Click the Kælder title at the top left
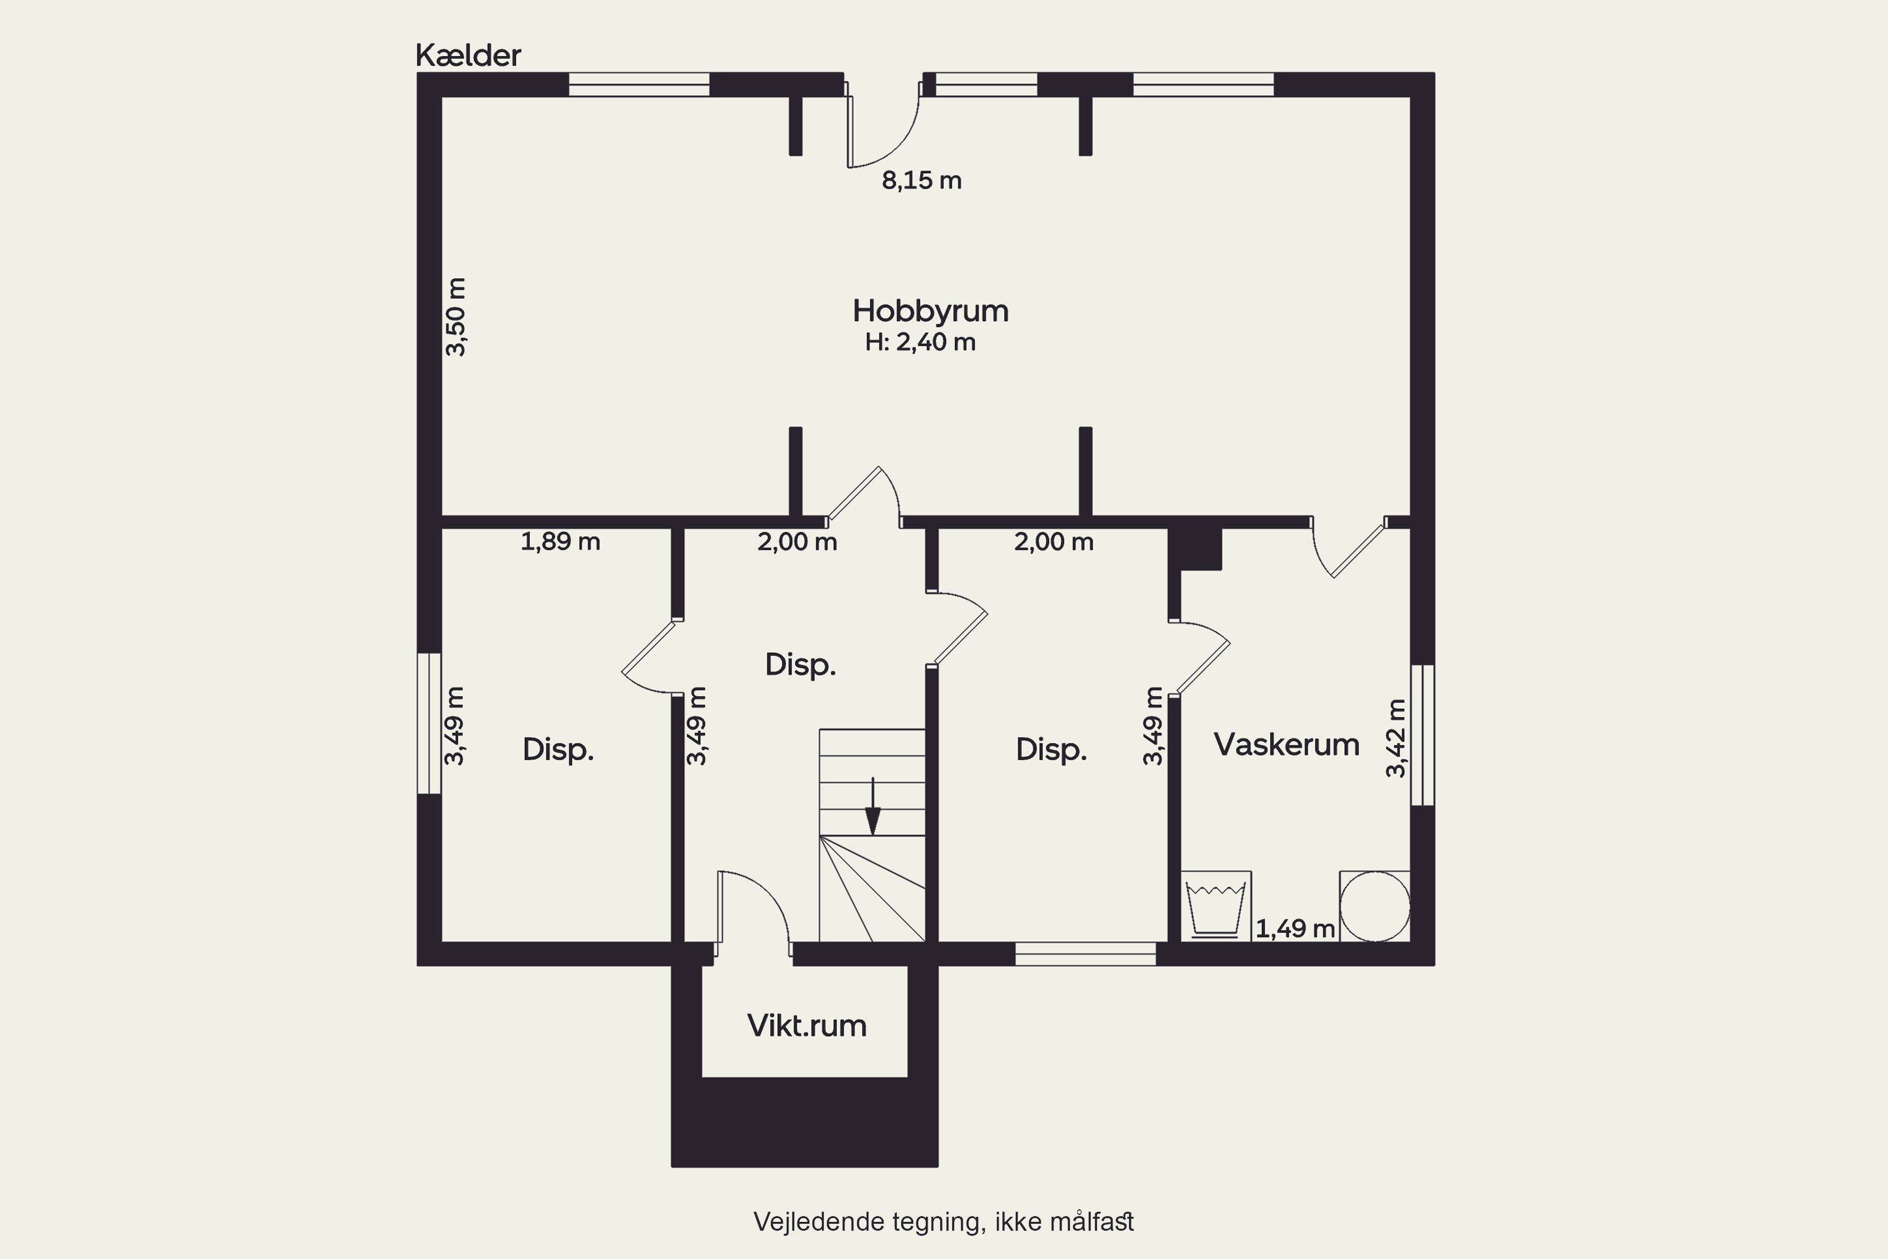pyautogui.click(x=468, y=55)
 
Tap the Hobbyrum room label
pyautogui.click(x=930, y=311)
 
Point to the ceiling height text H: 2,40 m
pyautogui.click(x=920, y=342)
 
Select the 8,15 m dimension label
pyautogui.click(x=921, y=181)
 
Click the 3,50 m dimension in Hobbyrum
pyautogui.click(x=456, y=317)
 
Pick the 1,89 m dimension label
pyautogui.click(x=560, y=542)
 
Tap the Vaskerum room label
pyautogui.click(x=1286, y=744)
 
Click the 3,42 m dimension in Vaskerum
pyautogui.click(x=1396, y=738)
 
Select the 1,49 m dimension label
pyautogui.click(x=1295, y=929)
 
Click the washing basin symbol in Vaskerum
pyautogui.click(x=1215, y=906)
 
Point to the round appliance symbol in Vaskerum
pyautogui.click(x=1374, y=906)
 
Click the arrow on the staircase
pyautogui.click(x=872, y=806)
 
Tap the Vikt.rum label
pyautogui.click(x=807, y=1026)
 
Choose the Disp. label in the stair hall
pyautogui.click(x=801, y=665)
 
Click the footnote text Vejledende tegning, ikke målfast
pyautogui.click(x=943, y=1222)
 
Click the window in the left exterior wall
pyautogui.click(x=429, y=723)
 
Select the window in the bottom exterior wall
pyautogui.click(x=1085, y=954)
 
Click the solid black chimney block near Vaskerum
pyautogui.click(x=1195, y=548)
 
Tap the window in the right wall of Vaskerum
pyautogui.click(x=1422, y=735)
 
